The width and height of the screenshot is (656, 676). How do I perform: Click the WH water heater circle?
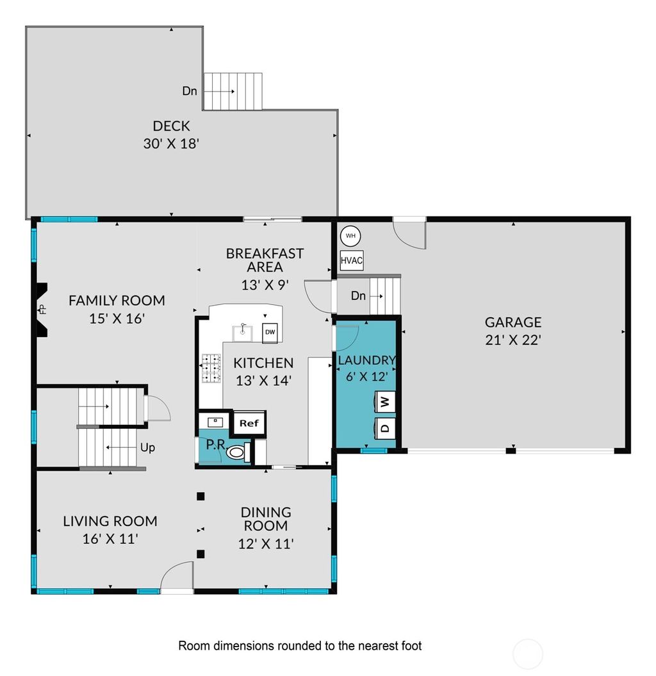tap(350, 236)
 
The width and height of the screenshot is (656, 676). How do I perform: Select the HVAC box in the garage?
tap(352, 261)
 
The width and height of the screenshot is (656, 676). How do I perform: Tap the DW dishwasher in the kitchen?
tap(270, 332)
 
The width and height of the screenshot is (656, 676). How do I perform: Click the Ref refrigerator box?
tap(249, 423)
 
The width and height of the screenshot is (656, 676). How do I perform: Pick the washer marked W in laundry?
tap(385, 402)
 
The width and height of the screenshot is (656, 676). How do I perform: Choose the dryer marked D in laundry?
tap(385, 427)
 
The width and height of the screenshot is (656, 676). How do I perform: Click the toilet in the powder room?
tap(237, 452)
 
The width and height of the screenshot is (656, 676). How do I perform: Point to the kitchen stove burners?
tap(211, 369)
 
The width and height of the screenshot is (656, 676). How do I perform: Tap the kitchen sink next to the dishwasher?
tap(243, 331)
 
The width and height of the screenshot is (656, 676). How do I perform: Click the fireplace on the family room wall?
tap(42, 309)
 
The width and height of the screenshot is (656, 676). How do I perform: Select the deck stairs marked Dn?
tap(233, 92)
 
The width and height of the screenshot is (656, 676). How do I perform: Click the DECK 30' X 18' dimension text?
tap(171, 144)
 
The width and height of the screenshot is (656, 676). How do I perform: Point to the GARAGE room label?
tap(512, 322)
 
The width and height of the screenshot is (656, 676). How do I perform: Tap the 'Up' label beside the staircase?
tap(147, 447)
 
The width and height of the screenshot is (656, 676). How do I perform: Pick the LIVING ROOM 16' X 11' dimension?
tap(110, 539)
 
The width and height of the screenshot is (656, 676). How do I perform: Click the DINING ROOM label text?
tap(266, 519)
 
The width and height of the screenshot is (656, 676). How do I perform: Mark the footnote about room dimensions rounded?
tap(300, 645)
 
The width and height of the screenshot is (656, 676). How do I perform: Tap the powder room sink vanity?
tap(215, 422)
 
